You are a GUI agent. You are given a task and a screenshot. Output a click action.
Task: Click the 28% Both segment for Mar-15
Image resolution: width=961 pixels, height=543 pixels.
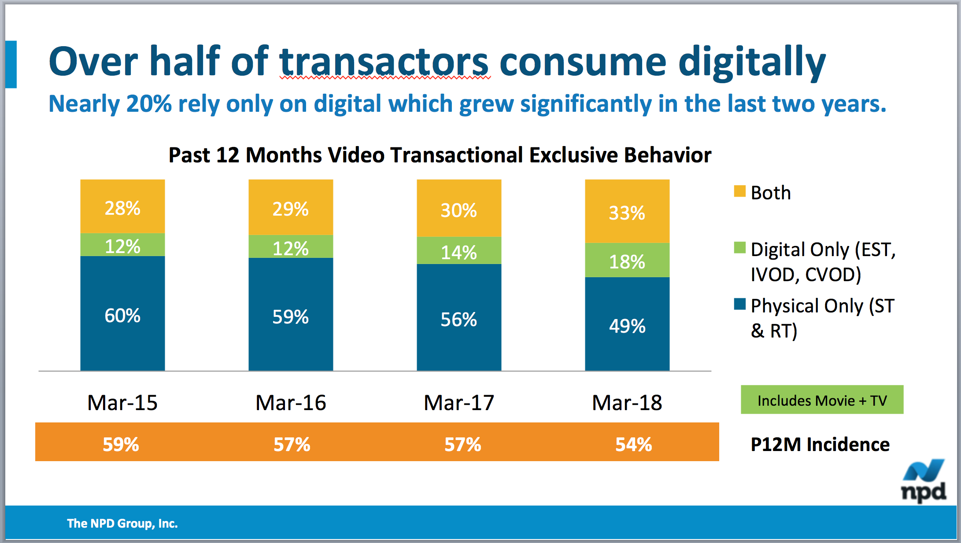coord(122,207)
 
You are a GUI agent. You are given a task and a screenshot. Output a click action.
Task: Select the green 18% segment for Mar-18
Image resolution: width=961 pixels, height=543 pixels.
coord(627,260)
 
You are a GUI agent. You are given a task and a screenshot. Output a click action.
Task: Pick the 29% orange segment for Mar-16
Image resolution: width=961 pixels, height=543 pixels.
coord(290,208)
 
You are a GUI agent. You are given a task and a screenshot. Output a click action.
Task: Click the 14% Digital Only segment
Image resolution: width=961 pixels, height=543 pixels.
coord(458,251)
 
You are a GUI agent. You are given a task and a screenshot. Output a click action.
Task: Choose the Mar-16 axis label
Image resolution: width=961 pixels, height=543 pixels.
coord(291,402)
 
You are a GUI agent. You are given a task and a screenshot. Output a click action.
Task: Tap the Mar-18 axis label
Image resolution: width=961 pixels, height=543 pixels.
coord(627,402)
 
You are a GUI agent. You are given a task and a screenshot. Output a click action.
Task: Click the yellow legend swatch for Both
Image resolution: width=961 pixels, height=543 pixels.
coord(739,191)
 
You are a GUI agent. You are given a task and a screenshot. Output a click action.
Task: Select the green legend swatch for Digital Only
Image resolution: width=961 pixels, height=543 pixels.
coord(739,248)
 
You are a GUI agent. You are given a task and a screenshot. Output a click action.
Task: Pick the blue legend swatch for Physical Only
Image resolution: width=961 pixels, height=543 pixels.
coord(739,304)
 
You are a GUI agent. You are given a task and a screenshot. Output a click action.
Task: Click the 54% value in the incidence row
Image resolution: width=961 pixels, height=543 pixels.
coord(633,444)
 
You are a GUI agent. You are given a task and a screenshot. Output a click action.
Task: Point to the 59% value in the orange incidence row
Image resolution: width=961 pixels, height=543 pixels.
coord(121,444)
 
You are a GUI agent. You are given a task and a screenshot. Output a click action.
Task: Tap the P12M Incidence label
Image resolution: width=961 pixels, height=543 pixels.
coord(820,444)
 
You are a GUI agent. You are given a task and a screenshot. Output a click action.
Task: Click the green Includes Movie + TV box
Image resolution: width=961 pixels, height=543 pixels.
coord(822,400)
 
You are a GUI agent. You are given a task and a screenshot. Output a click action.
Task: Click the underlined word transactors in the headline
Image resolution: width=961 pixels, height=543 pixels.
coord(384,62)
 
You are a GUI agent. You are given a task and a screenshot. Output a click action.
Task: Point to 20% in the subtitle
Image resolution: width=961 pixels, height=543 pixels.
coord(148,104)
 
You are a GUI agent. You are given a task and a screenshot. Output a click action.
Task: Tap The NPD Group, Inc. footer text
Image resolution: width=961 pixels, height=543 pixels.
coord(122,523)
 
